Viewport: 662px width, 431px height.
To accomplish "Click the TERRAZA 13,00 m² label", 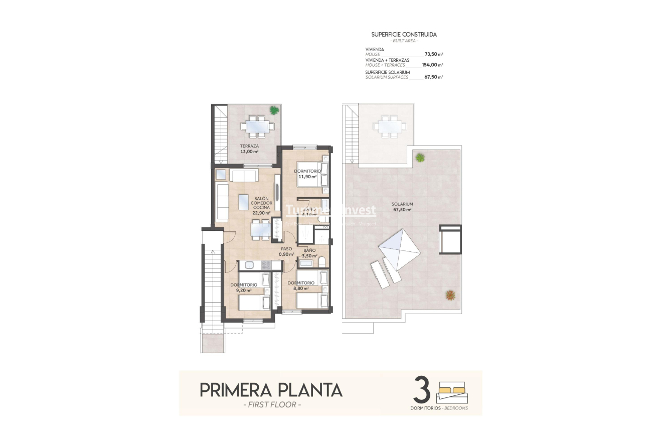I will click(249, 149).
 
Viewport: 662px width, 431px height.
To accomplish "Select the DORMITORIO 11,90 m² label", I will click(307, 174).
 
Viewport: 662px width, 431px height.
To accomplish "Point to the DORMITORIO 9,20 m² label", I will click(244, 287).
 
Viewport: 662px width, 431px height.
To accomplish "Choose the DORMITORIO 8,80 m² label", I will click(301, 285).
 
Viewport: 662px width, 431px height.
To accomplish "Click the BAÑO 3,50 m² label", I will click(309, 253).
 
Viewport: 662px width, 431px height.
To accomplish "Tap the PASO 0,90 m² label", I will click(286, 251).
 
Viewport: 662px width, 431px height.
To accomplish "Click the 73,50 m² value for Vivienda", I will click(433, 54).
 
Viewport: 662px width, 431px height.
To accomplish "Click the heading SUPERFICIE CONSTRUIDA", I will click(404, 35).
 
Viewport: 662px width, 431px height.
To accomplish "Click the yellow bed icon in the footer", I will click(452, 390).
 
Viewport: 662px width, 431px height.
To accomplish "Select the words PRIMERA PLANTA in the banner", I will click(271, 390).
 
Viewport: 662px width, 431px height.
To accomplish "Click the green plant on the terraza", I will click(274, 110).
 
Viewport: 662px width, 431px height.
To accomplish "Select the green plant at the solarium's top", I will click(420, 158).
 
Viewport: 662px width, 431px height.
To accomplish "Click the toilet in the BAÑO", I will click(322, 261).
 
